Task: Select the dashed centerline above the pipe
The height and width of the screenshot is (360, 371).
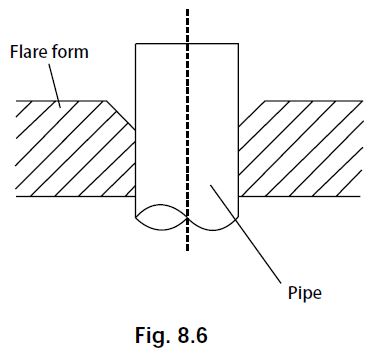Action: point(187,25)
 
